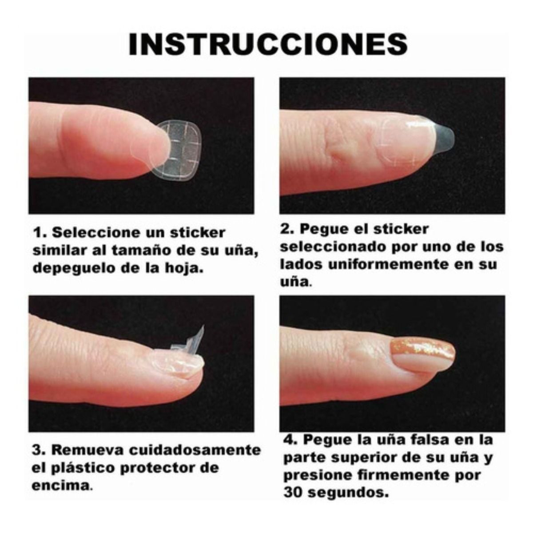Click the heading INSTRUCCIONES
(x=268, y=44)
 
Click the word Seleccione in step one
(x=97, y=233)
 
